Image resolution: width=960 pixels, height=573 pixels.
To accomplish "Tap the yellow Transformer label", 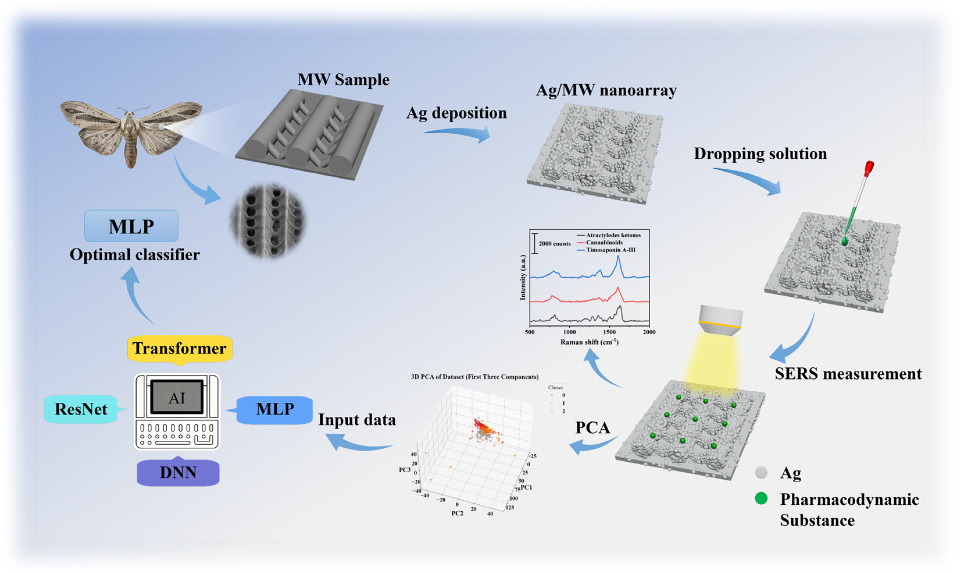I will pos(179,348).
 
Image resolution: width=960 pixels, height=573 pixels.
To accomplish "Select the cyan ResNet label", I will pos(81,409).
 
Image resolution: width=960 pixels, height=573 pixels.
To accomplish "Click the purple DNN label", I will pos(178,472).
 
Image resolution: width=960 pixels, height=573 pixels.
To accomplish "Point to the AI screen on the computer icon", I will pos(177,398).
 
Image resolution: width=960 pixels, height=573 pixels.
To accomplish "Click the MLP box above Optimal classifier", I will pos(131,226).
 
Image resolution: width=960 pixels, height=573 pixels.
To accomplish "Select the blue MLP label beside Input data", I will pos(275,409).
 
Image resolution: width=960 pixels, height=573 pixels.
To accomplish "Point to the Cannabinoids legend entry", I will pos(604,243).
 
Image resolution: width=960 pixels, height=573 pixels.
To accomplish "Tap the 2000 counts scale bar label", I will pos(555,244).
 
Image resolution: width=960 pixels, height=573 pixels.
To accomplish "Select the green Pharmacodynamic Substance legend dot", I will pos(761,499).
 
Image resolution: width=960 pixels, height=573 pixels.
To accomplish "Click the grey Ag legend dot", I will pos(761,473).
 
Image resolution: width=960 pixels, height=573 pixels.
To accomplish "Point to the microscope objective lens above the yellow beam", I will pos(720,320).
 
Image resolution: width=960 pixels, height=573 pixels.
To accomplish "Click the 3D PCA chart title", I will pos(475,377).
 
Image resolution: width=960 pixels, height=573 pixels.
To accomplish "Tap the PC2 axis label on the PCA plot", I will pos(457,514).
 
